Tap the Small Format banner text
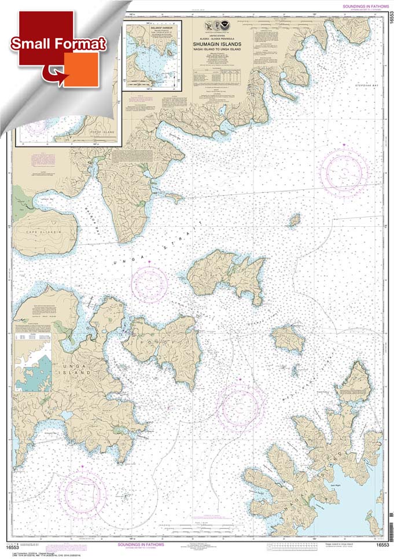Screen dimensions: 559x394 click(x=57, y=44)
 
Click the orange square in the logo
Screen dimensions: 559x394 click(x=80, y=69)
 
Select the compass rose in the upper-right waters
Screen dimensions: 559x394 click(x=344, y=172)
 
